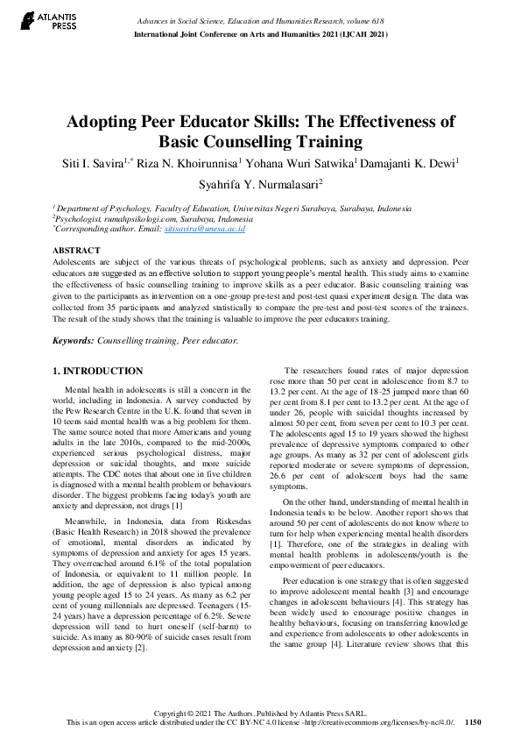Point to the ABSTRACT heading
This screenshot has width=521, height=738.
pyautogui.click(x=76, y=251)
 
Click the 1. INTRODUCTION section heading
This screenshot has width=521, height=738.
pyautogui.click(x=98, y=372)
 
